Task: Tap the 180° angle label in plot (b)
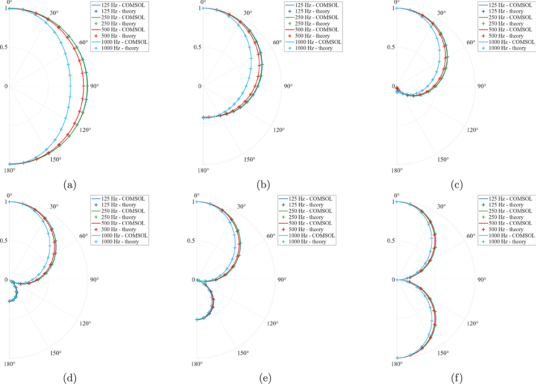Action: point(203,170)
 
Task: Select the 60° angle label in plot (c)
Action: point(471,43)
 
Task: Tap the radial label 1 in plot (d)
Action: point(6,202)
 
